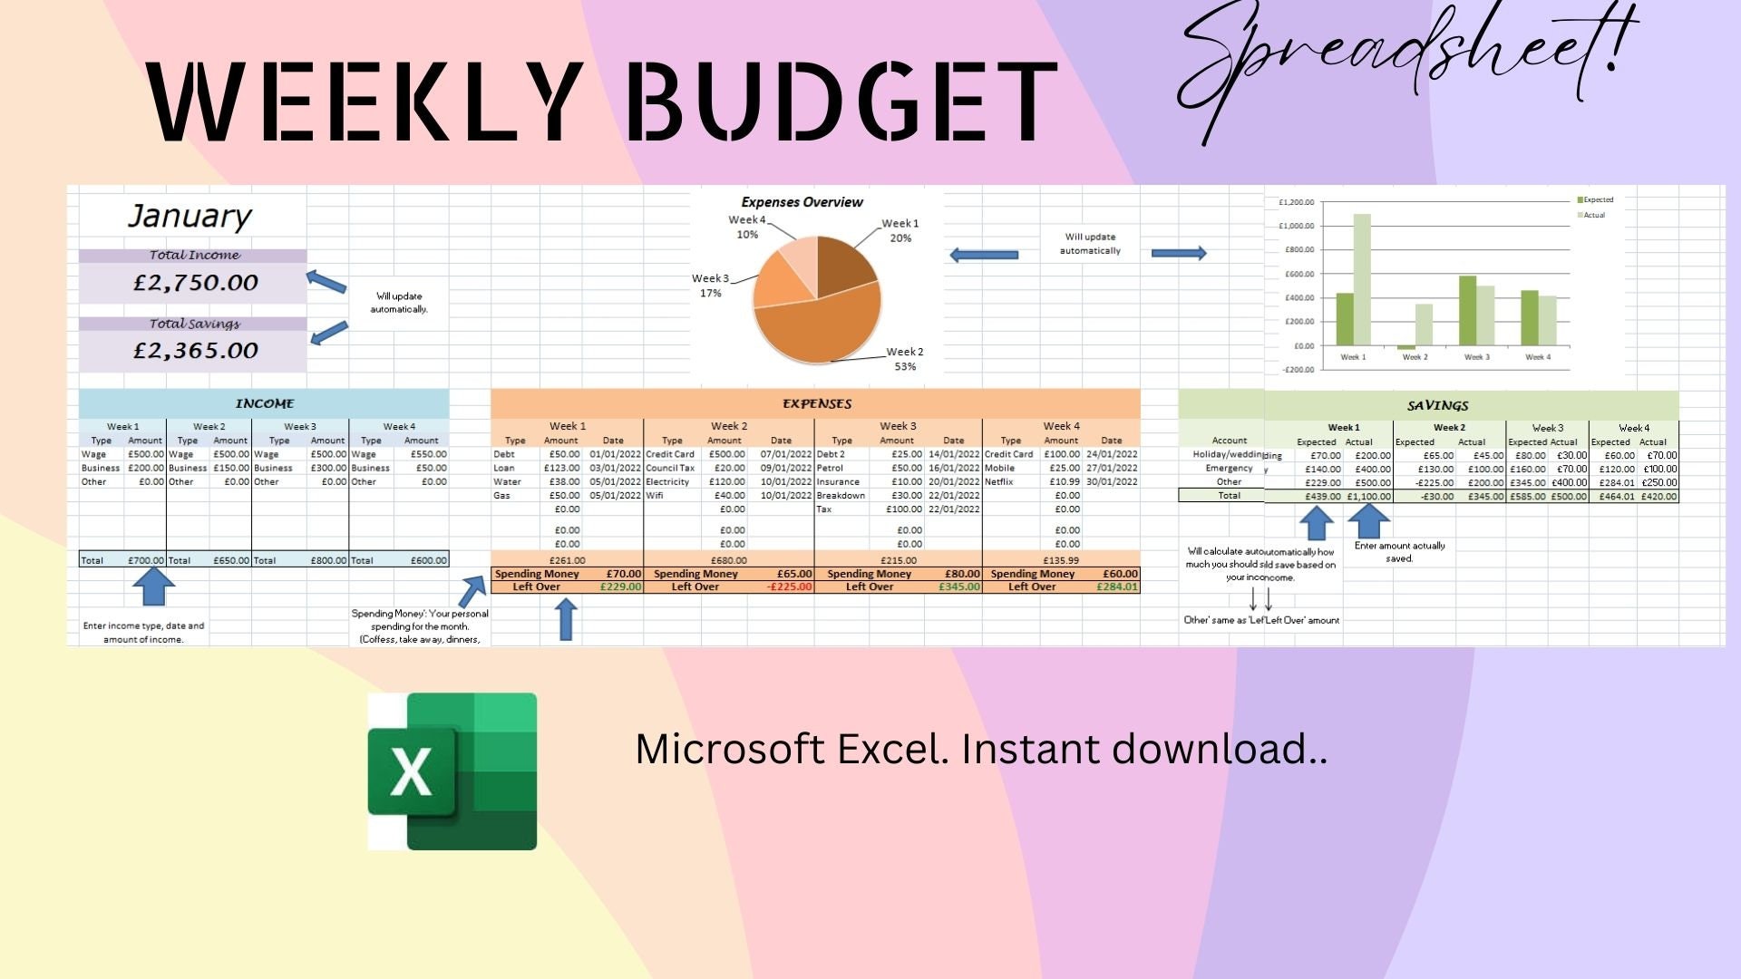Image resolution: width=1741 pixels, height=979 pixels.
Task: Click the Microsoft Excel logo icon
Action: coord(452,771)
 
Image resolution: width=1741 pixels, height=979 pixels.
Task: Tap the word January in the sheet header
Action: coord(190,216)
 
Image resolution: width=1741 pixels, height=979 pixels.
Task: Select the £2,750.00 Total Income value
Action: coord(196,283)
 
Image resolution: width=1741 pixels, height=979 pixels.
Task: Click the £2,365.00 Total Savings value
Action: coord(196,351)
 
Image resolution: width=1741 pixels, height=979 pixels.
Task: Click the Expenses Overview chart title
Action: coord(802,202)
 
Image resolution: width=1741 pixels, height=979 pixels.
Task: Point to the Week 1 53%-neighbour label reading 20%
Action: coord(900,238)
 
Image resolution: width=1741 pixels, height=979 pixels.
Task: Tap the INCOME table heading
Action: coord(265,403)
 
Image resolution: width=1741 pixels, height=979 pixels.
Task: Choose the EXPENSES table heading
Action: coord(816,403)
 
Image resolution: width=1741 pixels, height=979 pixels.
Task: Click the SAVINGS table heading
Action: coord(1437,405)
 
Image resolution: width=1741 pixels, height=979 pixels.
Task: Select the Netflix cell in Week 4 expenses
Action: coord(998,482)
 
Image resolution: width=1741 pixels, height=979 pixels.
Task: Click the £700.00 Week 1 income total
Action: coord(145,560)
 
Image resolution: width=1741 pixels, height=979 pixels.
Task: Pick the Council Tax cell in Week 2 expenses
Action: coord(670,469)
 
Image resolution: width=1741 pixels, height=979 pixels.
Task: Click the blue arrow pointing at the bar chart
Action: coord(1178,254)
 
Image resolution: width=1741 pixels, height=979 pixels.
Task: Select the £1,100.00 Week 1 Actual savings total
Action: coord(1368,497)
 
